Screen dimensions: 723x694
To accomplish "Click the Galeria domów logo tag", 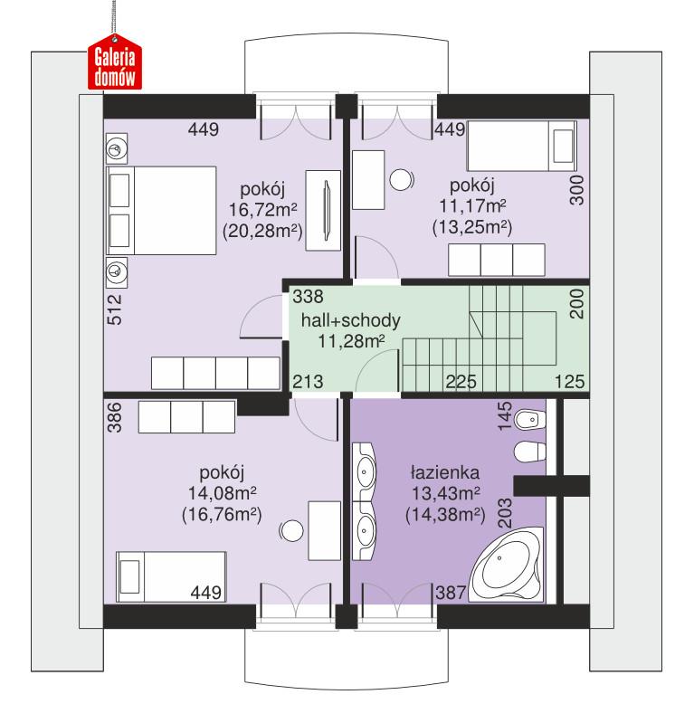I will [115, 65].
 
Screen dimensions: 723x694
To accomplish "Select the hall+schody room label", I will [350, 320].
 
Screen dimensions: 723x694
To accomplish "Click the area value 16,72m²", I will [264, 210].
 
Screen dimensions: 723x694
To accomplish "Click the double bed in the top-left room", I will [161, 209].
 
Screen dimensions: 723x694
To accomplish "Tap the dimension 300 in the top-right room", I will [578, 191].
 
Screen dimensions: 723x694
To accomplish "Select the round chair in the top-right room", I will [401, 180].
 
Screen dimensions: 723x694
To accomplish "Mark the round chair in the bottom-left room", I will [292, 530].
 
